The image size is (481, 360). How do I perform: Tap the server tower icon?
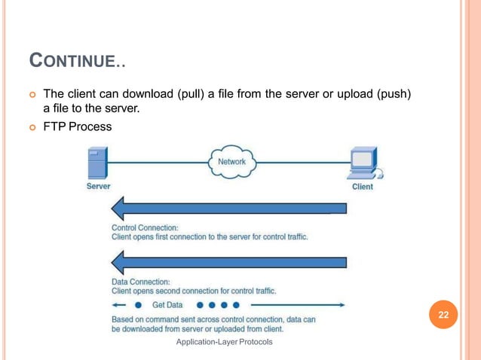[x=98, y=163]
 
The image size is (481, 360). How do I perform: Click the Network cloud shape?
[x=231, y=163]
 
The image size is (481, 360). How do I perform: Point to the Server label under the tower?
[x=98, y=186]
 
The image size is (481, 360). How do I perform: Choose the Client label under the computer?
[x=363, y=186]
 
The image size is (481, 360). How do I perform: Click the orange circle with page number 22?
[x=444, y=315]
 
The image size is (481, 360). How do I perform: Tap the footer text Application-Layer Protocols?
[x=224, y=343]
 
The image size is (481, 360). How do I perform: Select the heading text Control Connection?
[x=145, y=227]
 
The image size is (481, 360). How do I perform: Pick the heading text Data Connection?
[x=140, y=281]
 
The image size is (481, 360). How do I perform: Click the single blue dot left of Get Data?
[x=138, y=305]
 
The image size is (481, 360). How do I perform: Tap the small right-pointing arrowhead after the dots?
[x=342, y=305]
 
